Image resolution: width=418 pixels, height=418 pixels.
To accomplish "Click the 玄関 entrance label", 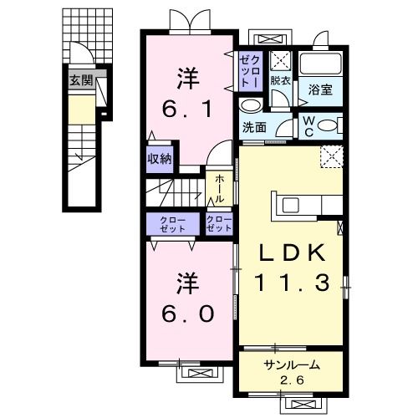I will click(x=80, y=81).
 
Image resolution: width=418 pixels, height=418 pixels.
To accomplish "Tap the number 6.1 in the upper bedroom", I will click(x=188, y=109).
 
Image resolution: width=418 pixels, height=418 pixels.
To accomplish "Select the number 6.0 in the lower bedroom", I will click(x=189, y=312).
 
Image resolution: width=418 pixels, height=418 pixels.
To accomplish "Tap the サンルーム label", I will click(x=292, y=365).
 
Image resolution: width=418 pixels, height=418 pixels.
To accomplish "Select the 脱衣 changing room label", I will click(x=280, y=82).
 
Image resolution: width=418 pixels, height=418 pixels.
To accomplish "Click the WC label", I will click(x=308, y=126).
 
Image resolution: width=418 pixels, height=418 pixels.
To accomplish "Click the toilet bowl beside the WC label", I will click(x=330, y=125).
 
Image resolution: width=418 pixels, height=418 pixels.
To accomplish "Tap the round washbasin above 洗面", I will click(x=250, y=107).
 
